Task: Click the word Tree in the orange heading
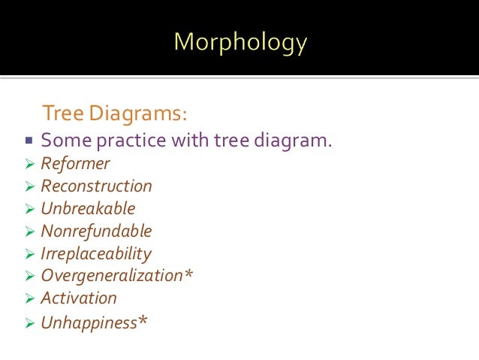coord(64,113)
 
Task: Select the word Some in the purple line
coord(63,141)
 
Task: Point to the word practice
coord(128,141)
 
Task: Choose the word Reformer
coord(75,164)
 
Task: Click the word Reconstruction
coord(96,186)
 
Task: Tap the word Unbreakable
coord(88,208)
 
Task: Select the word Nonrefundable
coord(96,231)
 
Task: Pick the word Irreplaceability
coord(95,253)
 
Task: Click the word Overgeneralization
coord(112,276)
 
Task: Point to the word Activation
coord(79,298)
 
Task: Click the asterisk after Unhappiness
coord(143,321)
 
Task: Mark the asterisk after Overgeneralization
coord(188,274)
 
